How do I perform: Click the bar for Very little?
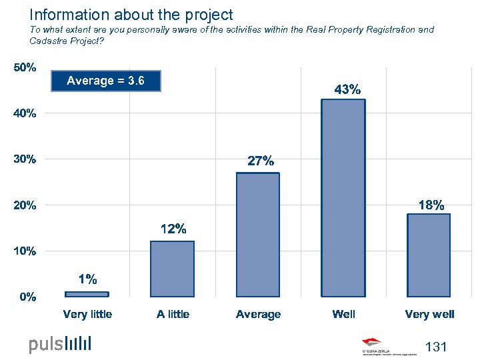(87, 293)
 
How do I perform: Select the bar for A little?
(172, 269)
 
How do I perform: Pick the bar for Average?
(258, 234)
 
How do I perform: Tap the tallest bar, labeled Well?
(343, 197)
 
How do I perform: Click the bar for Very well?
(429, 255)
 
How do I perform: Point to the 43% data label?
(347, 89)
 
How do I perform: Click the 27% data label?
(260, 161)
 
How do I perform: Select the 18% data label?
(431, 205)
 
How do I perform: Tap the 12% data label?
(173, 229)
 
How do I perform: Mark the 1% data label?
(87, 279)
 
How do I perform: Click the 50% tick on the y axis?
(26, 68)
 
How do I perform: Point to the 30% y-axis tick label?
(26, 159)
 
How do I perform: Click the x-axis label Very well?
(429, 314)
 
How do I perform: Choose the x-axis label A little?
(173, 314)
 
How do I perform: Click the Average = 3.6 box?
(105, 81)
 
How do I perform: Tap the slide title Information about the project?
(131, 14)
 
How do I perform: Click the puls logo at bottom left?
(60, 344)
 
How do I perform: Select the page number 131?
(435, 347)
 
